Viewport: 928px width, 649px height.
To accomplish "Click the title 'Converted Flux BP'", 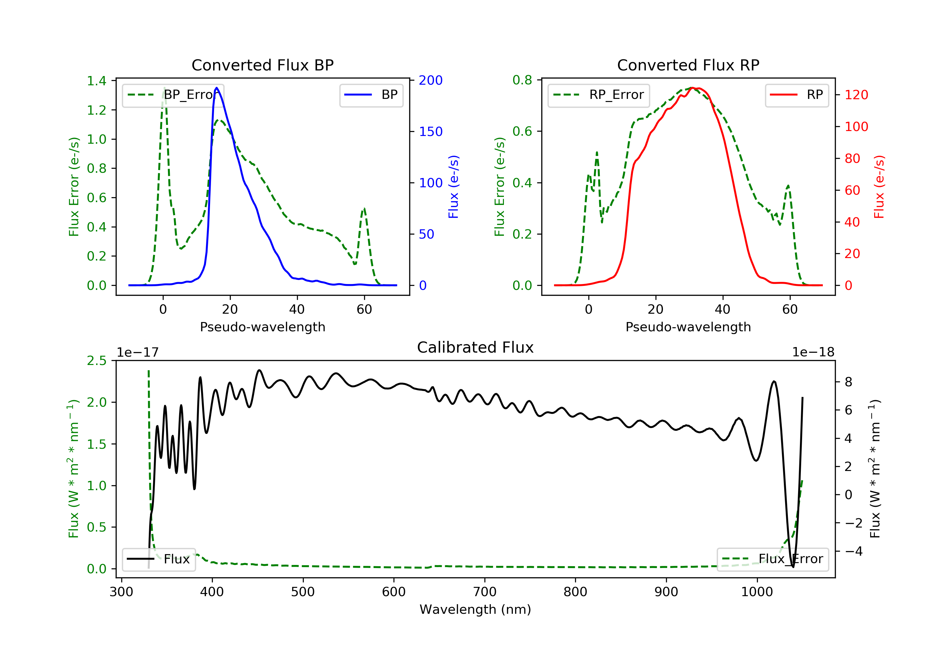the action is (x=263, y=65).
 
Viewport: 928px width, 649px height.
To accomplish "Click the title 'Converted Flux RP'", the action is (x=688, y=65).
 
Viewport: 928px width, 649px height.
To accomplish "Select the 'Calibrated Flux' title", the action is (x=475, y=347).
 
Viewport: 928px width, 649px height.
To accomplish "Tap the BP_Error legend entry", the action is (x=173, y=95).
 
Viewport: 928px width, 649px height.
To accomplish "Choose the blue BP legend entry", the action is (x=371, y=95).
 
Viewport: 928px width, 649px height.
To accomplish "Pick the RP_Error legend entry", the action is (x=599, y=95).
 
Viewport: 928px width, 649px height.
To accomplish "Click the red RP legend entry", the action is (x=797, y=95).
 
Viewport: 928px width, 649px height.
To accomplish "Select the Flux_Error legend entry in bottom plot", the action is (x=772, y=559).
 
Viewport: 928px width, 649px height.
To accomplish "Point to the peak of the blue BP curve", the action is (x=217, y=88).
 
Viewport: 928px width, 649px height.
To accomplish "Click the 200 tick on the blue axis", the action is (x=431, y=80).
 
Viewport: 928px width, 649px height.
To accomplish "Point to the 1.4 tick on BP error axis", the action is (x=97, y=81).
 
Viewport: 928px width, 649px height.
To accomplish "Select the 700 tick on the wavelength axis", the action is (x=485, y=592).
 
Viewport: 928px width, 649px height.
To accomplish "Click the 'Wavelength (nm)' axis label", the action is (x=475, y=609).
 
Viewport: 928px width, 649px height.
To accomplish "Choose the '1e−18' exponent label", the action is (x=813, y=352).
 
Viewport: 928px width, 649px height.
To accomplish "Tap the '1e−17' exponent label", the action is (x=138, y=352).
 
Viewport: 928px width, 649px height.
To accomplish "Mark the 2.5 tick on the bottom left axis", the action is (x=97, y=361).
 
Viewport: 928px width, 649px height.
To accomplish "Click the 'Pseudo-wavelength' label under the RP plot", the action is (x=688, y=327).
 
